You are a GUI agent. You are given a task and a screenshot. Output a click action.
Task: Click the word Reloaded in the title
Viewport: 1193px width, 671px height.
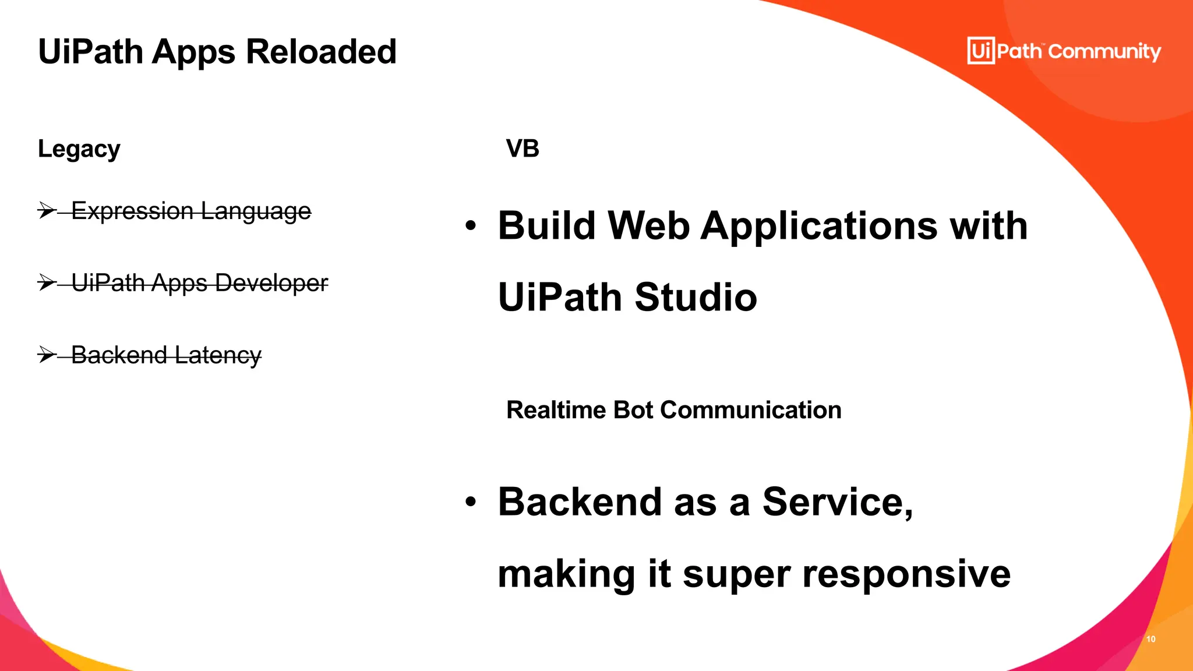[321, 52]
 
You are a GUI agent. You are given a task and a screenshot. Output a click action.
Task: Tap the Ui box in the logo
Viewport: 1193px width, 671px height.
[981, 51]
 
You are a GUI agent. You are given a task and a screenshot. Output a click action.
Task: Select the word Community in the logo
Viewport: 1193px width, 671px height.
[1104, 52]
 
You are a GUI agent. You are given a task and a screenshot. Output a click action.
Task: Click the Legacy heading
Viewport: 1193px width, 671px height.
[79, 150]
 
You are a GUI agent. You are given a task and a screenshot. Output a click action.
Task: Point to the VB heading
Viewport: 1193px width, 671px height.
[523, 149]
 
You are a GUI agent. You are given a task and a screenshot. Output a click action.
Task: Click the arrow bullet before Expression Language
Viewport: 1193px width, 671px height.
[47, 210]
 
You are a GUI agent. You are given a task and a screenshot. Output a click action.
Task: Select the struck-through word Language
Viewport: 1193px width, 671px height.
[256, 211]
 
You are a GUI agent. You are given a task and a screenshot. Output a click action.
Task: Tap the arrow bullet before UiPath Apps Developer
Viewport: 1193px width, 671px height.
[47, 282]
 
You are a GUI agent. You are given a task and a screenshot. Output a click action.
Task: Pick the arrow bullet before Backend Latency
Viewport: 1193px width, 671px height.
[47, 354]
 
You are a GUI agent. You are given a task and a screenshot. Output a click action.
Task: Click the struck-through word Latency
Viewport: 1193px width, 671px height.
[218, 355]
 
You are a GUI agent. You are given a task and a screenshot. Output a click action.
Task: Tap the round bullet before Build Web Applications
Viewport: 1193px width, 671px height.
[471, 225]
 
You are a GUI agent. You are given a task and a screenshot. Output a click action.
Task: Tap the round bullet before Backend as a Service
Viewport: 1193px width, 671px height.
[471, 502]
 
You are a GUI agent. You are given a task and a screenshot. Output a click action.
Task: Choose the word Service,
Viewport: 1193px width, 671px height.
[838, 502]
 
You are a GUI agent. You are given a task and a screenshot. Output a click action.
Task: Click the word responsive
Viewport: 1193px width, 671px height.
[906, 574]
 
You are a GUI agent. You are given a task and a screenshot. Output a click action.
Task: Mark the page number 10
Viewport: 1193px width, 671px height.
[1151, 639]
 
